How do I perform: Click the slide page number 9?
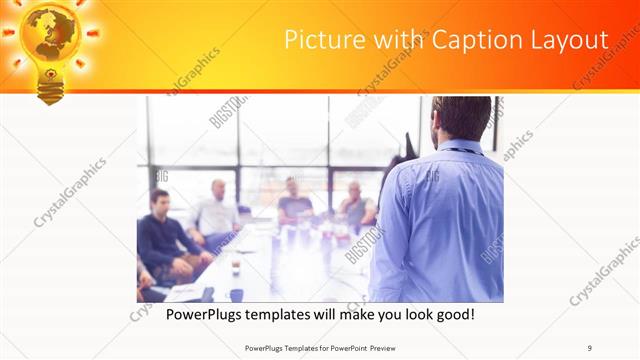pos(589,347)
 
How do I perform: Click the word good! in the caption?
pos(454,314)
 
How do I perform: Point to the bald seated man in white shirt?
pos(216,210)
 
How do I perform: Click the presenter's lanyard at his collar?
pos(461,150)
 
